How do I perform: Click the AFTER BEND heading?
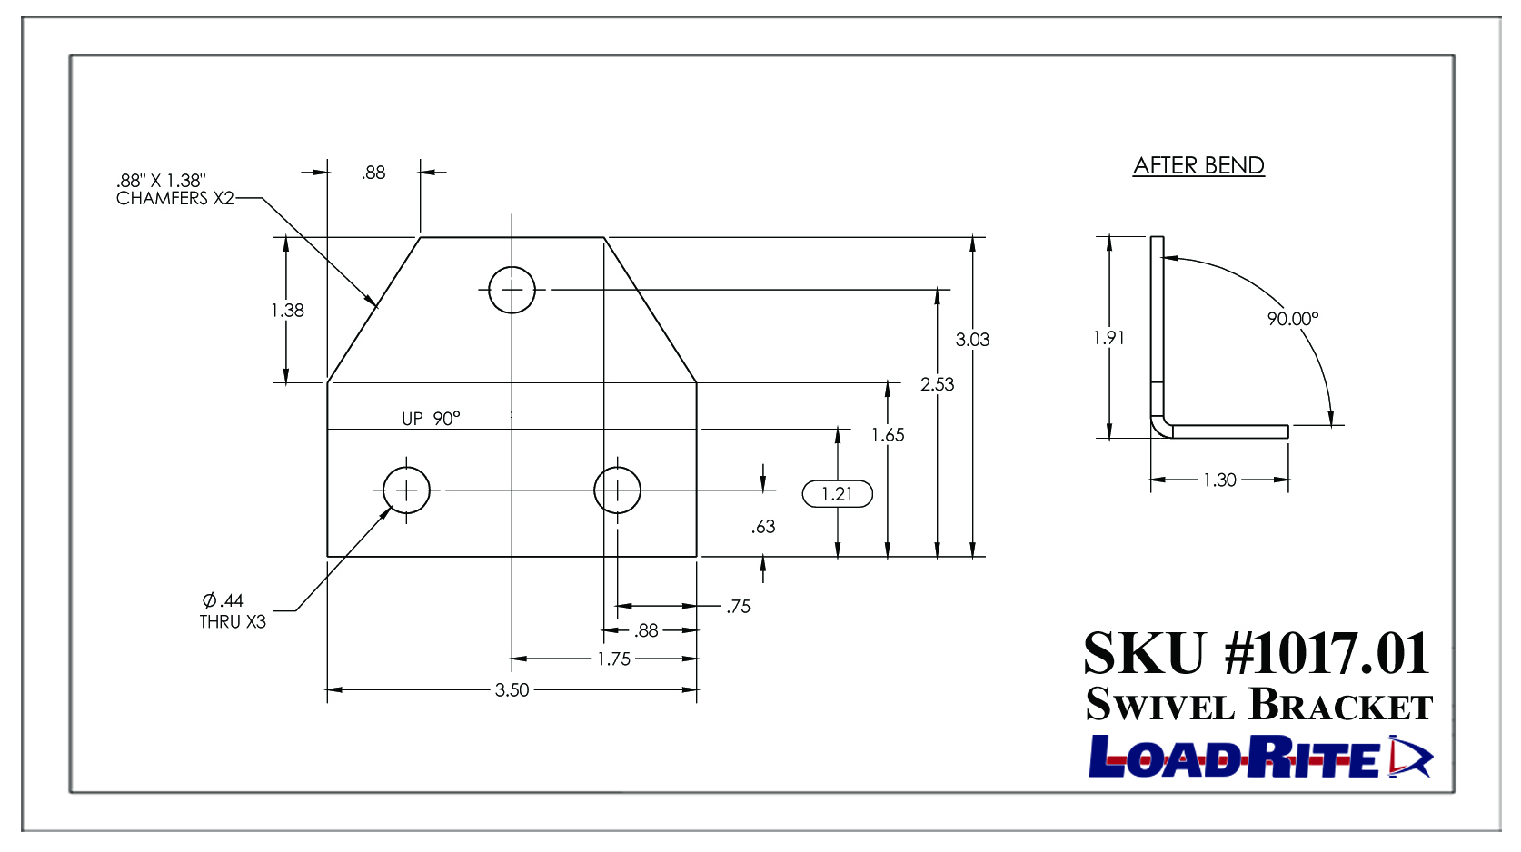coord(1198,165)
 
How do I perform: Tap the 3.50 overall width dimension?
coord(512,689)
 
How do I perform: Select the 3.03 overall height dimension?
coord(972,340)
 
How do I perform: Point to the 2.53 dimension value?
coord(937,385)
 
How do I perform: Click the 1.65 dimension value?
coord(888,435)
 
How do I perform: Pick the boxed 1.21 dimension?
coord(837,493)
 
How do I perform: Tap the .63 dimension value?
coord(763,527)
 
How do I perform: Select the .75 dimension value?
coord(738,606)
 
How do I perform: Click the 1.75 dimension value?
coord(614,659)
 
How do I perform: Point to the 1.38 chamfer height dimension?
coord(288,311)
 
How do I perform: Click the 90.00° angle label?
coord(1293,319)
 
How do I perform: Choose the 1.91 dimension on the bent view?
coord(1108,337)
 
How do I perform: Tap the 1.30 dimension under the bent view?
coord(1219,480)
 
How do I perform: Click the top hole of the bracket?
coord(512,290)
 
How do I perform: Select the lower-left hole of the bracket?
coord(406,490)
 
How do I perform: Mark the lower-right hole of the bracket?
coord(617,490)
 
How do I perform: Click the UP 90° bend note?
coord(431,418)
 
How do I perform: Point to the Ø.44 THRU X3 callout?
coord(233,611)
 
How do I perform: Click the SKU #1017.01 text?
coord(1257,653)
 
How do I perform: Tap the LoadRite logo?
coord(1260,757)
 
